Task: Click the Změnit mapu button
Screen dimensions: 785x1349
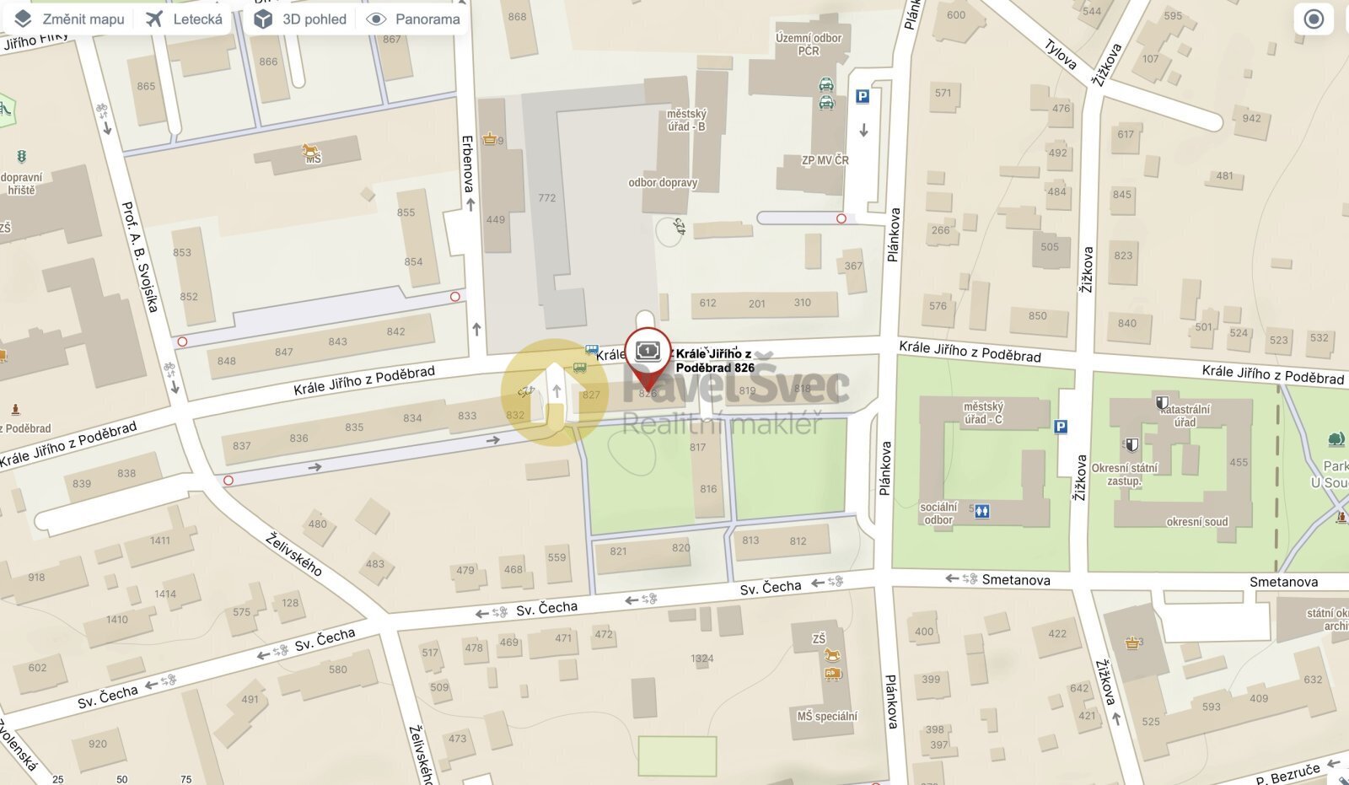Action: (x=70, y=19)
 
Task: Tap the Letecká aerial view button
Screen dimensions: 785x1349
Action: (x=184, y=19)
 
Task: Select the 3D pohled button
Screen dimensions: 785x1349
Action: (x=301, y=19)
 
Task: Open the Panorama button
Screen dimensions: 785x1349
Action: (x=413, y=19)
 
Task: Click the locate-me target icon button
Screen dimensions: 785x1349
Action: (x=1314, y=19)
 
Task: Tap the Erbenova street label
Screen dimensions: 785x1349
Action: (x=468, y=164)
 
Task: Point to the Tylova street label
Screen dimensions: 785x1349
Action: (x=1061, y=55)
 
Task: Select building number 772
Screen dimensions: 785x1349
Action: (x=547, y=198)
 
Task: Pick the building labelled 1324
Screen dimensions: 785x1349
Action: (x=701, y=659)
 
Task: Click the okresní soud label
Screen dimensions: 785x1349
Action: (x=1197, y=522)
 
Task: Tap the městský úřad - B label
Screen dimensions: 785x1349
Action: (x=686, y=120)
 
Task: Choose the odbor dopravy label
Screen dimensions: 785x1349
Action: (x=663, y=182)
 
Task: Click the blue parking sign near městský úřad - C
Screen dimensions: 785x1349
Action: (x=1061, y=427)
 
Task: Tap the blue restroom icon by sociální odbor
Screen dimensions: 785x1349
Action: (x=981, y=512)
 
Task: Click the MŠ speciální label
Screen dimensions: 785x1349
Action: (x=827, y=716)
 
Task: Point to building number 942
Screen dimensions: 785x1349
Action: (x=1252, y=118)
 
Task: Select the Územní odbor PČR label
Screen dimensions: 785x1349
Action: (x=809, y=44)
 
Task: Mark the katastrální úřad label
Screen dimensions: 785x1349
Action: (x=1185, y=416)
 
